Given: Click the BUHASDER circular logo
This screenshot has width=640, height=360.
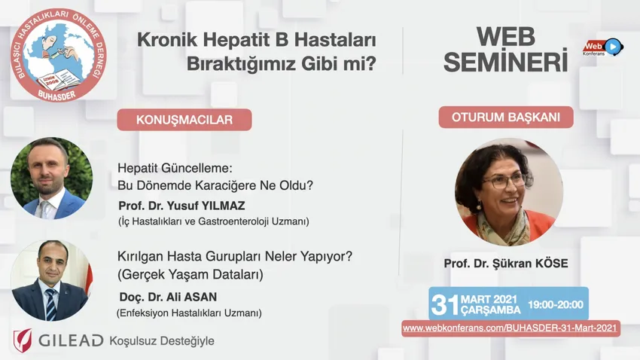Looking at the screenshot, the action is [x=59, y=55].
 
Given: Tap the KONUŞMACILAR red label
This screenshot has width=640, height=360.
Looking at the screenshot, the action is [x=184, y=120].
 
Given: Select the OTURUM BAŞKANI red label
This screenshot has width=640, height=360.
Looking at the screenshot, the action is [x=506, y=117].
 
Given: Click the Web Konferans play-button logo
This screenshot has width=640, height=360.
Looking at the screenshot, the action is [x=603, y=47].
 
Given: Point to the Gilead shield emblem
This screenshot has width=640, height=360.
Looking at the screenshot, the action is [x=23, y=340].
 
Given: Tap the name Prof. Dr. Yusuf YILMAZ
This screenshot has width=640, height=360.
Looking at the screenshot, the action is [x=181, y=206].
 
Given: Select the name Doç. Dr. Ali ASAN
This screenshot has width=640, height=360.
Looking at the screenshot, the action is [x=168, y=297].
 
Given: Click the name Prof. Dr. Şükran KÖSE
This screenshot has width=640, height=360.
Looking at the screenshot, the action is [x=506, y=264].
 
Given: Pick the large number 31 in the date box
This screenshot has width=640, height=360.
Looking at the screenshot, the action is [x=445, y=304].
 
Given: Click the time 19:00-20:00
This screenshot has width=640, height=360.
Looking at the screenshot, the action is [x=556, y=304].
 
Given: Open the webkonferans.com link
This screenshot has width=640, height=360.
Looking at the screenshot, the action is [x=510, y=328].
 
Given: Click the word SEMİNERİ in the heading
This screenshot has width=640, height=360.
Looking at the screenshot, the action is [x=506, y=61].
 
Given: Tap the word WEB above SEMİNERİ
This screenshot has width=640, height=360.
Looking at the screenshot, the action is [x=506, y=37].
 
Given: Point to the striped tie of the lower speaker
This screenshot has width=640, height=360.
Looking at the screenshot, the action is [x=51, y=304].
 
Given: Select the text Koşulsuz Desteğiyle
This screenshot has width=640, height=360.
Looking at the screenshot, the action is [x=162, y=341].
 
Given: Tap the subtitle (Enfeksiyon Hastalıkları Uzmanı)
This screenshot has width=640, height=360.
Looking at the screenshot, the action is [x=189, y=313].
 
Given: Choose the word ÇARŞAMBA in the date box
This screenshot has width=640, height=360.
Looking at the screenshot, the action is [x=491, y=310].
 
